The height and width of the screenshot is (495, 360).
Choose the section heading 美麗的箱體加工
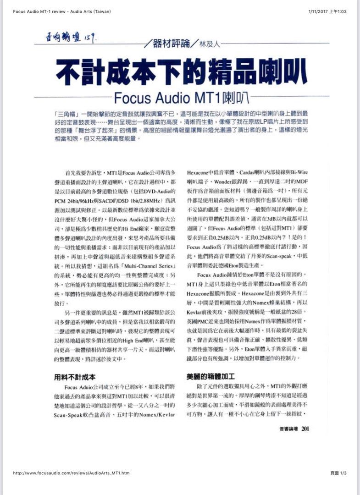click(210, 376)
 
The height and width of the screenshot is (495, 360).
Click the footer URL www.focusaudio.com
click(71, 473)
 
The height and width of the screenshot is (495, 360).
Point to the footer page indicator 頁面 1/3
click(338, 473)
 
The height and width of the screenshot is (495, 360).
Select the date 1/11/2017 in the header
click(317, 11)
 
